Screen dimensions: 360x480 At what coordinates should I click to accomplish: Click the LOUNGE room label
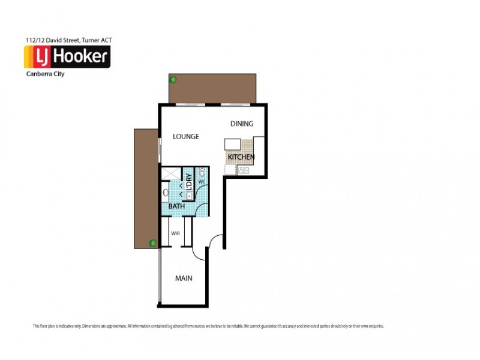[185, 136]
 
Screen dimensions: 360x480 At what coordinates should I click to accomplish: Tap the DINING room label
[242, 124]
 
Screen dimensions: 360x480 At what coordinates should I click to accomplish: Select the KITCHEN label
[241, 157]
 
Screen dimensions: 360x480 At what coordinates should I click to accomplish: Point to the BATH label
[176, 206]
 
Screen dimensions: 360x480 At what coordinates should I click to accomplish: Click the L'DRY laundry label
[189, 182]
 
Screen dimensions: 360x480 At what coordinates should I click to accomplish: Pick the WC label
[202, 181]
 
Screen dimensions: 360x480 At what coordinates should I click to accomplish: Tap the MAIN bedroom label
[184, 278]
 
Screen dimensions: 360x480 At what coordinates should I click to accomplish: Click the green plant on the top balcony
[173, 79]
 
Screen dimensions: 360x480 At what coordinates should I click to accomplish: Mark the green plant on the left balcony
[153, 243]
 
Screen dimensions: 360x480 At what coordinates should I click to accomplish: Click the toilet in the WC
[202, 172]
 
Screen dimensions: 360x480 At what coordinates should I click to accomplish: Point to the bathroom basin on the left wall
[165, 193]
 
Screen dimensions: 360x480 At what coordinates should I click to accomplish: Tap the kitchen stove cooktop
[244, 170]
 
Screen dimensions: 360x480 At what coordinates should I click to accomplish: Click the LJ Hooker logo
[67, 57]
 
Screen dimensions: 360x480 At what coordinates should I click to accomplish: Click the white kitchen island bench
[232, 145]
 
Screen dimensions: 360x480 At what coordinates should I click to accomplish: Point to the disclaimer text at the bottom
[208, 326]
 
